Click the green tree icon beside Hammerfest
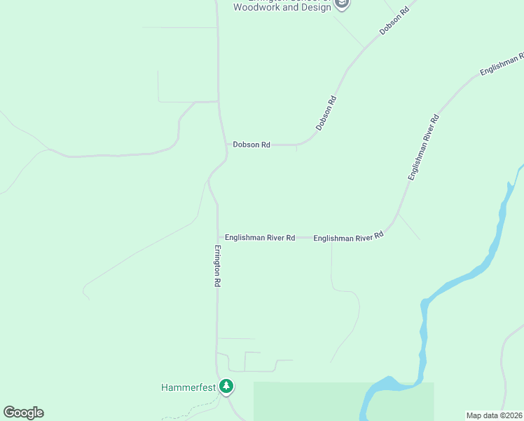pos(226,386)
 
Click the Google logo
pos(23,413)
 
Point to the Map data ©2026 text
pos(494,415)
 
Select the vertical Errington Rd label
pos(218,266)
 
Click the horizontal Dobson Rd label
pos(251,145)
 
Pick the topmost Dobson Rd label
pos(394,22)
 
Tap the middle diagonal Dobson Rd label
pos(326,113)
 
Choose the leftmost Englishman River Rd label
pos(260,238)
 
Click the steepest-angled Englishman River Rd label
pos(423,147)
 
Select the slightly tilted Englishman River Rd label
pos(349,237)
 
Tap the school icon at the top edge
pos(342,4)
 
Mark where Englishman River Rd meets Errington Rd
pos(218,238)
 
